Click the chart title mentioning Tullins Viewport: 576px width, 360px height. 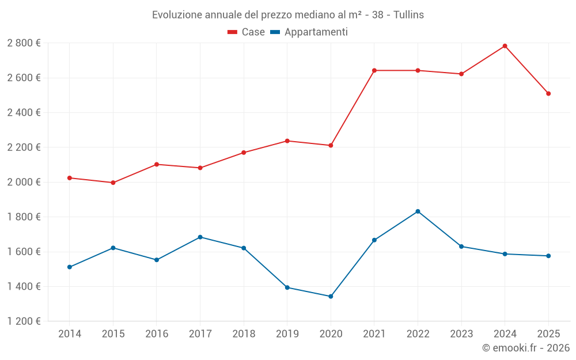click(288, 15)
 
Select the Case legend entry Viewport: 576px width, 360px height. click(247, 32)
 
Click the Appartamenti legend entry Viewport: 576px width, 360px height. click(309, 32)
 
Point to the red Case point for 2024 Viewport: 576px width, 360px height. click(505, 46)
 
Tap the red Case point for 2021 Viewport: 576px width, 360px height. click(374, 70)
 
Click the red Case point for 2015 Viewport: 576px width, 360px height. click(113, 183)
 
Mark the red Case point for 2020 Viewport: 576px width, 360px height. click(331, 145)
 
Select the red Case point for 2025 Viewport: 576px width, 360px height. click(548, 93)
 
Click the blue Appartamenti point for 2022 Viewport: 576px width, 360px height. click(418, 211)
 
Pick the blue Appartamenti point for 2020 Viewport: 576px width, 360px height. click(331, 297)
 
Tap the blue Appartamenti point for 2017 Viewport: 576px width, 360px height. click(200, 237)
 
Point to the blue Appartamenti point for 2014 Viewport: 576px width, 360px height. click(70, 267)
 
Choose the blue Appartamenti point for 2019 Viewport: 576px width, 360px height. click(287, 287)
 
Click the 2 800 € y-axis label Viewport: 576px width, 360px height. click(24, 43)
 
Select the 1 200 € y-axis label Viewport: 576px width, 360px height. click(24, 321)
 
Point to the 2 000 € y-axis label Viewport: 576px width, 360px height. click(24, 182)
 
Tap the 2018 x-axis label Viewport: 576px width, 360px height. click(244, 334)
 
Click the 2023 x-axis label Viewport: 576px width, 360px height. click(461, 334)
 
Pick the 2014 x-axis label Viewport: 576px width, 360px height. click(70, 334)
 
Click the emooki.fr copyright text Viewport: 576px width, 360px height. click(525, 348)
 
